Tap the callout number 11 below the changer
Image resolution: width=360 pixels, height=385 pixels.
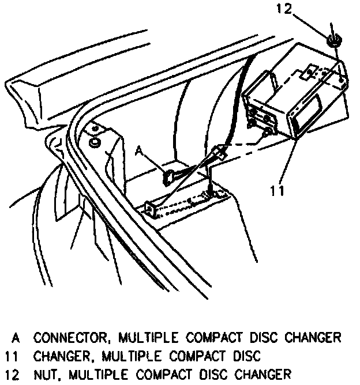coord(278,189)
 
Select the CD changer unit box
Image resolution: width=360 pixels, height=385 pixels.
coord(294,95)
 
